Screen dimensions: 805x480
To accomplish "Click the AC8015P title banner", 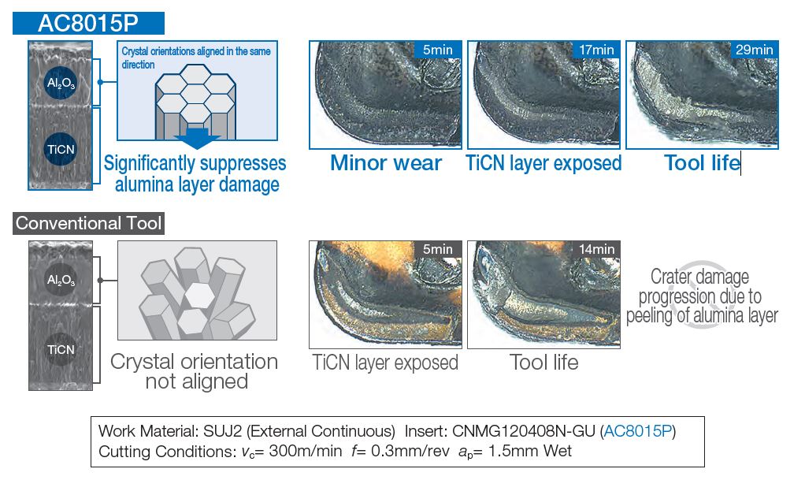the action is click(88, 23).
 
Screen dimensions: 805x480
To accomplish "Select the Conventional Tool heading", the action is click(88, 223).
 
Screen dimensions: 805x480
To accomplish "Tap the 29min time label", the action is click(754, 50).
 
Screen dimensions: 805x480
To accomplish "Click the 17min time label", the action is click(596, 50).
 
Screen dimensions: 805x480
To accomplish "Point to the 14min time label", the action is click(596, 249).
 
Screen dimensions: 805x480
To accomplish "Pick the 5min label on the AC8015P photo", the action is click(437, 50).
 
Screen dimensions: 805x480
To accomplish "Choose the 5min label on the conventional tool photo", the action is click(437, 249).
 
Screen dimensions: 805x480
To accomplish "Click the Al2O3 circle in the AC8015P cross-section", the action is click(61, 83).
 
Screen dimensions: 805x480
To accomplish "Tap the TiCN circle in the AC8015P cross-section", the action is click(61, 149).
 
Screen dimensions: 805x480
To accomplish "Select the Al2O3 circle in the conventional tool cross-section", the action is click(61, 280).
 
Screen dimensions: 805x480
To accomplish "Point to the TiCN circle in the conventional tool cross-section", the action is click(61, 349).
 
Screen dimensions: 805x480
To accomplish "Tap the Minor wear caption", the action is click(385, 163).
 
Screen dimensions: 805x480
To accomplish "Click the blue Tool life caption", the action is click(703, 163).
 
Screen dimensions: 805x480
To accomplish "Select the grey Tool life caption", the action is click(543, 363).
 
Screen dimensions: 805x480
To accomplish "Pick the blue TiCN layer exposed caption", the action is click(543, 163).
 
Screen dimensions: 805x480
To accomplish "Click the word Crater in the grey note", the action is click(670, 277).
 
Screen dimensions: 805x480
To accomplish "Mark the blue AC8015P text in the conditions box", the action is click(638, 430).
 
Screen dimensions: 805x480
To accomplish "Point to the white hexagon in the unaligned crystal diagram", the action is click(199, 296).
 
